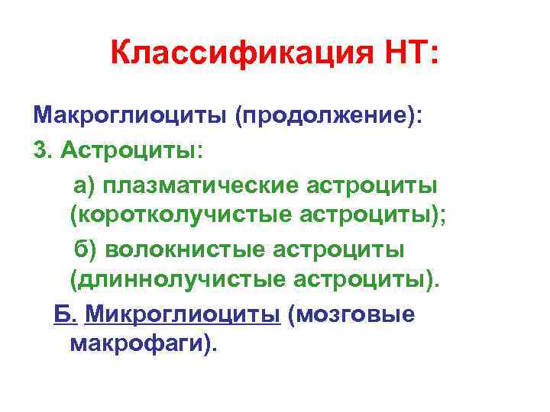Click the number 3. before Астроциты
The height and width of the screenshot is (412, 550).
pyautogui.click(x=44, y=151)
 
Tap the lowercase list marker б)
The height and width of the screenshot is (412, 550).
pyautogui.click(x=85, y=249)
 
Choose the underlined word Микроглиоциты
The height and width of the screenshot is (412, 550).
pyautogui.click(x=183, y=314)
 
